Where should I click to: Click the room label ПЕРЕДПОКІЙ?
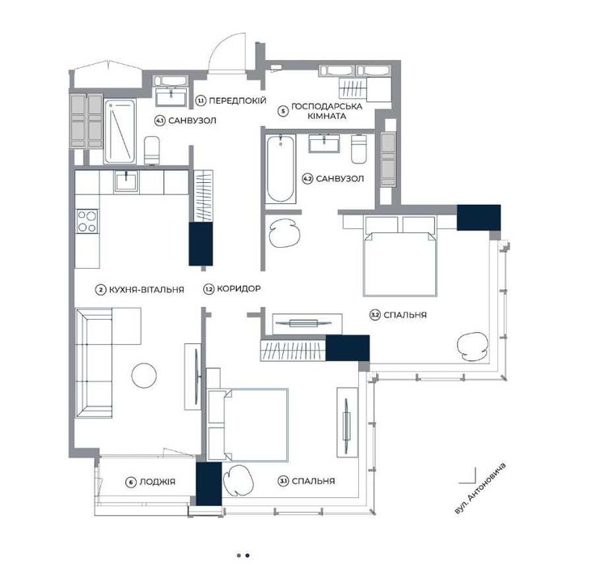[x=237, y=100]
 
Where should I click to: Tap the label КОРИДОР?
[x=239, y=289]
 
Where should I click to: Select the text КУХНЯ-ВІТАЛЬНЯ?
[x=146, y=290]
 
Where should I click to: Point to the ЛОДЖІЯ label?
[x=157, y=482]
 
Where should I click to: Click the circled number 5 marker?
[x=283, y=111]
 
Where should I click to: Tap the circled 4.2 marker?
[x=307, y=179]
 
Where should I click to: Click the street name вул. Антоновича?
[x=480, y=488]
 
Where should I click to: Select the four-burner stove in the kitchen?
[x=87, y=221]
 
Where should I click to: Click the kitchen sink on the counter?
[x=126, y=182]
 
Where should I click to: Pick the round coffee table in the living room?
[x=144, y=376]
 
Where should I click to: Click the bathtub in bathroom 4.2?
[x=281, y=168]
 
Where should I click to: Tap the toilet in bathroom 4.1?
[x=152, y=151]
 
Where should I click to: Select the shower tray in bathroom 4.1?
[x=120, y=131]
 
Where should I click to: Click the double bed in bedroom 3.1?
[x=248, y=424]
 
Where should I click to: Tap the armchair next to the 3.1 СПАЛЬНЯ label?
[x=238, y=479]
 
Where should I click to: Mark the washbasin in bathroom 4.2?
[x=323, y=143]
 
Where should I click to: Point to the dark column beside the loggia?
[x=209, y=483]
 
